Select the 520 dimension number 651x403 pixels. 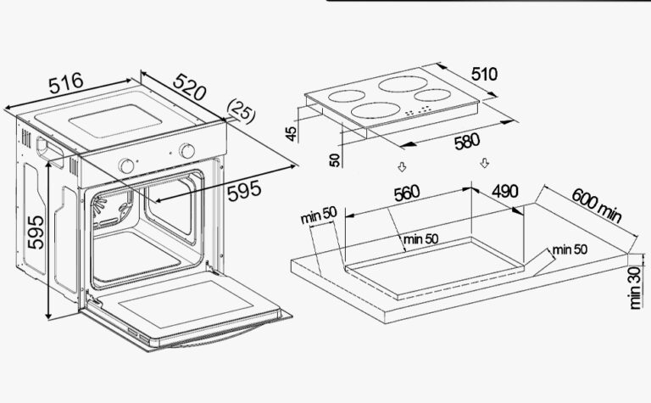(x=189, y=87)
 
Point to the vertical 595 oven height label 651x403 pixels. (x=36, y=232)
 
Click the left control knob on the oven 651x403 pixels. (x=125, y=165)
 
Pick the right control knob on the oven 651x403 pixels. (x=187, y=151)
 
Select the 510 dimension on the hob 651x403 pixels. (x=484, y=74)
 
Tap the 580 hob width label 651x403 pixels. (x=467, y=142)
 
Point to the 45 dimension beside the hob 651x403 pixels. (x=292, y=133)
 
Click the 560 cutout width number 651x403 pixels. (x=407, y=193)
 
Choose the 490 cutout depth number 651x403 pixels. (x=505, y=191)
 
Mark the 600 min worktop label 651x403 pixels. (x=597, y=205)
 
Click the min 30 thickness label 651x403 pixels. (x=636, y=288)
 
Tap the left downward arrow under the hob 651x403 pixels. (x=402, y=167)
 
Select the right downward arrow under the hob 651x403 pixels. (x=484, y=163)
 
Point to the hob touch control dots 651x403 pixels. (x=418, y=110)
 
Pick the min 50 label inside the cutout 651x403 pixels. (x=420, y=239)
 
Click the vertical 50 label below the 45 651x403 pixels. (x=335, y=160)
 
